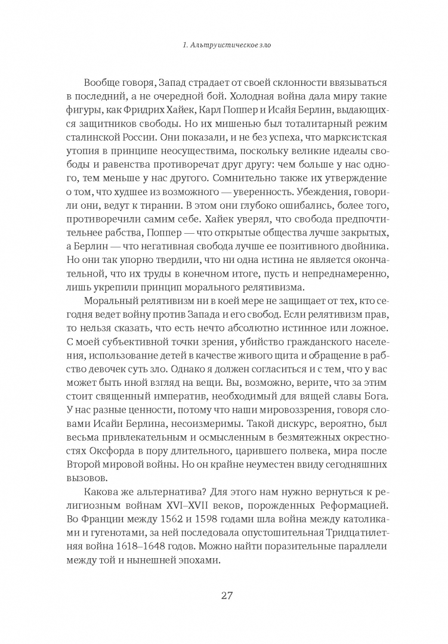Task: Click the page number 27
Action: (224, 595)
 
